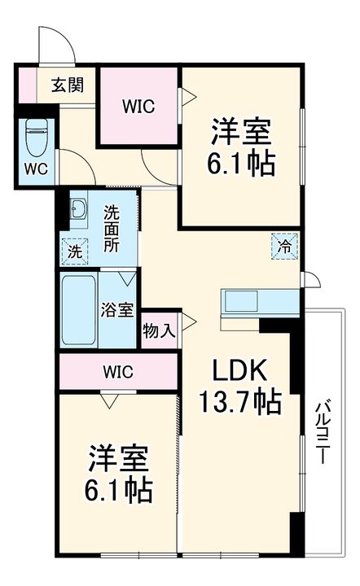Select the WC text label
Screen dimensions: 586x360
point(35,169)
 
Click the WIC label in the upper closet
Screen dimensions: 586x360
point(138,105)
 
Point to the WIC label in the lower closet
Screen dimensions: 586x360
point(118,371)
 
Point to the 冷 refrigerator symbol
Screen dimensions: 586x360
point(285,244)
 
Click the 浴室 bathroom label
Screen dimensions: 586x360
point(116,309)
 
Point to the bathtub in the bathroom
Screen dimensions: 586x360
point(80,312)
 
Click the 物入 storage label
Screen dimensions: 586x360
point(159,330)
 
